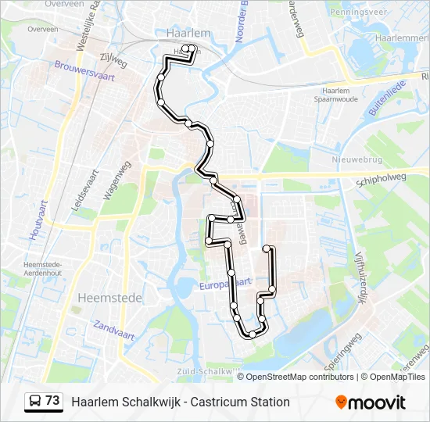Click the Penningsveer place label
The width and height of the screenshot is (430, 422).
coord(359,13)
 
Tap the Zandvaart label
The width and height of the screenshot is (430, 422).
coord(114,330)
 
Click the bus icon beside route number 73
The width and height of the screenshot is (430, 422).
coord(35,402)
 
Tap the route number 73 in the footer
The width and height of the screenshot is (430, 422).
coord(52,401)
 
